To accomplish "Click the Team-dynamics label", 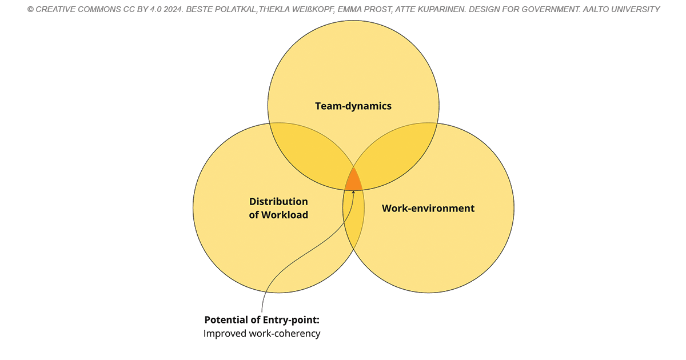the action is (x=353, y=106).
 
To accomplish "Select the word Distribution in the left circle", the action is (x=278, y=201).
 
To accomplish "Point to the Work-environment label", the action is (x=428, y=208).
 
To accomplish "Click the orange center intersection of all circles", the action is (x=354, y=181).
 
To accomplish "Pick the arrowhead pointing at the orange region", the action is (x=353, y=192).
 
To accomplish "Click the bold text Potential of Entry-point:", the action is (x=262, y=320).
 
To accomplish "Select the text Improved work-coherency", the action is (x=262, y=333).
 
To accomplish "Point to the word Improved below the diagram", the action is (x=225, y=333).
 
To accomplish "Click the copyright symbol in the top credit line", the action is (x=30, y=10).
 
